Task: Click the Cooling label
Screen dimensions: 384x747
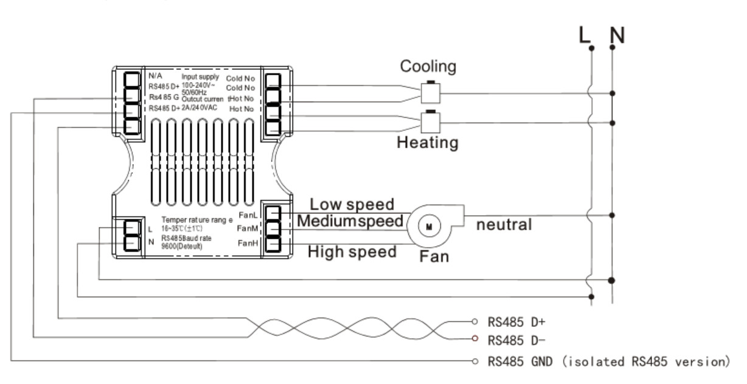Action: (428, 67)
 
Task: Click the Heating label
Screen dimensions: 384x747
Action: (427, 143)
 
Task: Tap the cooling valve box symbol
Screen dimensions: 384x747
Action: (431, 93)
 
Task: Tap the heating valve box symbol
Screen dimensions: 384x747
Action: (431, 123)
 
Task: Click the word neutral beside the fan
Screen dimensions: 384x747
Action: (504, 224)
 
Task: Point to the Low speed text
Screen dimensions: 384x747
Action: (352, 204)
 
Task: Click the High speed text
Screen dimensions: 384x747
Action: (352, 251)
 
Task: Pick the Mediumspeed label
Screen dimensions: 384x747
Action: (350, 221)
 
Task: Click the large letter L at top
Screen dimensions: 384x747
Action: (585, 36)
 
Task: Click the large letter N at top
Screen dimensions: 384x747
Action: (617, 36)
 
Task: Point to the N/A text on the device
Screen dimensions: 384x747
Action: (156, 77)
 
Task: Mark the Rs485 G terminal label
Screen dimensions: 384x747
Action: (164, 97)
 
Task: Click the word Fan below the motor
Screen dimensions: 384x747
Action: (435, 256)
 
